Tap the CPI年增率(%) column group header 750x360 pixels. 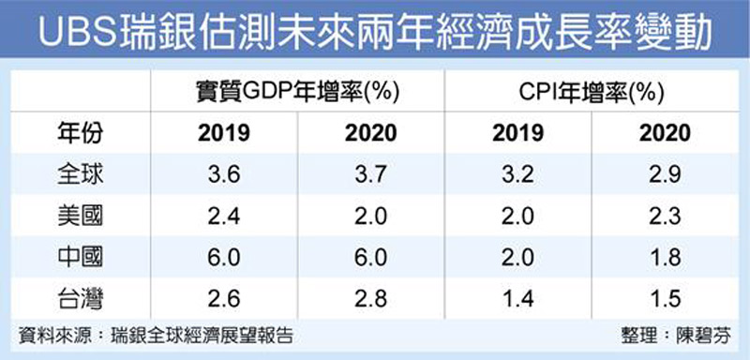tap(591, 91)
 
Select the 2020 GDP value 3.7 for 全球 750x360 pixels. tap(369, 174)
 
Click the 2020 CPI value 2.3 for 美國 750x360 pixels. tap(664, 216)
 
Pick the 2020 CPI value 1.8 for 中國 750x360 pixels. tap(664, 257)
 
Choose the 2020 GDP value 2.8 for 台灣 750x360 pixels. tap(369, 298)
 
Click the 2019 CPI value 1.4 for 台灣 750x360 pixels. tap(517, 298)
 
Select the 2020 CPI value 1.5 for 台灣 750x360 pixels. tap(664, 298)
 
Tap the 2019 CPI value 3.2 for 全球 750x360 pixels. tap(517, 174)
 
